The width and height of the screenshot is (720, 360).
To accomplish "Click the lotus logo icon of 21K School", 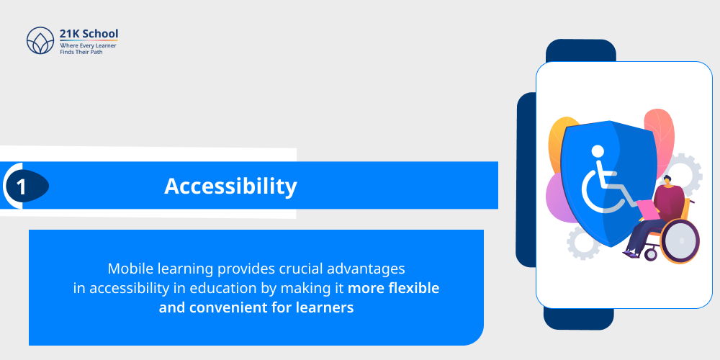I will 40,41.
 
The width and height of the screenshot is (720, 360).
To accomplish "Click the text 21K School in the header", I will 89,33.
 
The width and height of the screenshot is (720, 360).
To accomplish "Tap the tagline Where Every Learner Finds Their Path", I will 88,48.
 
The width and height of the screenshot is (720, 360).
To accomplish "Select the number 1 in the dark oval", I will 22,187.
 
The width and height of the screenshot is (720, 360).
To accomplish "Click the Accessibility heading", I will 230,186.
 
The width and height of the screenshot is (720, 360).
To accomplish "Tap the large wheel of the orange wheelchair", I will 679,240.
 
